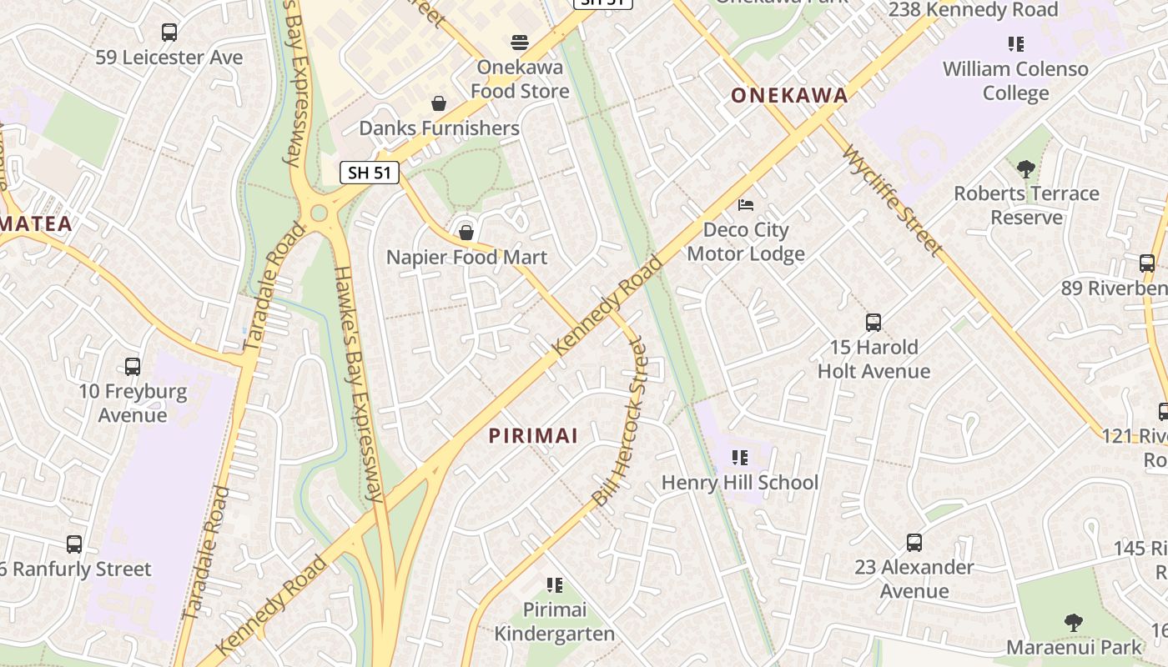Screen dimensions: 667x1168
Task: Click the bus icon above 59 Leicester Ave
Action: point(169,33)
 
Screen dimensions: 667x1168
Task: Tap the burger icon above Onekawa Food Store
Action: point(520,42)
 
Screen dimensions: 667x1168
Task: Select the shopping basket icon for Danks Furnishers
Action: point(439,103)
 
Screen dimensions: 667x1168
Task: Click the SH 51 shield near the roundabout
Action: point(370,173)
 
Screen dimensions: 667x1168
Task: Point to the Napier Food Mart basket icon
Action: point(466,232)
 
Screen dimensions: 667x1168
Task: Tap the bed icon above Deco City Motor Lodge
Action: point(746,204)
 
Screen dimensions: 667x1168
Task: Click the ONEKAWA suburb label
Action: point(789,96)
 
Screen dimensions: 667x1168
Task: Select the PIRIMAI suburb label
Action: point(533,435)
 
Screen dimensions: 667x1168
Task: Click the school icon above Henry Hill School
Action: point(739,457)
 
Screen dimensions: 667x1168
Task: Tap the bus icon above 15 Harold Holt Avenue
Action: point(873,322)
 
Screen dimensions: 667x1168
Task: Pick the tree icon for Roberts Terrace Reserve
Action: point(1026,168)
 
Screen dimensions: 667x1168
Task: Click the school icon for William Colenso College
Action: point(1015,43)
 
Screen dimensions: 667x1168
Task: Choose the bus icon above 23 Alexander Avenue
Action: point(914,542)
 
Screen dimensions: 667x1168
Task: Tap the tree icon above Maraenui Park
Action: point(1074,622)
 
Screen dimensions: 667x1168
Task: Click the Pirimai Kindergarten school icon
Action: point(555,585)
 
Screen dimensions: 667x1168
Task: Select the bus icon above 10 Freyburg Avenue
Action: point(133,366)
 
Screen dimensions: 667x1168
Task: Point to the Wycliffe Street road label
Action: point(893,201)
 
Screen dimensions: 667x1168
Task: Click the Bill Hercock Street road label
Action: point(619,421)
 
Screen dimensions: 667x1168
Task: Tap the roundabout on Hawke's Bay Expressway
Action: point(319,213)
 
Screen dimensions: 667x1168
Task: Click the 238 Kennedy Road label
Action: point(973,10)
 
